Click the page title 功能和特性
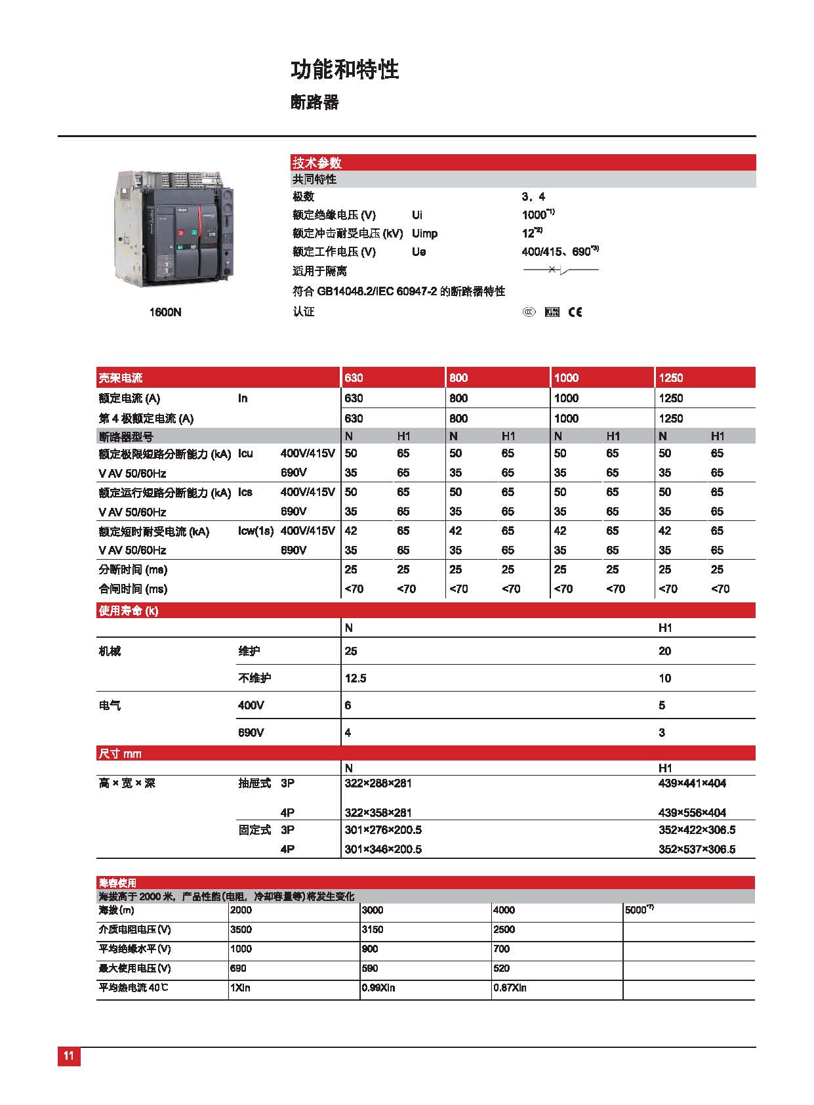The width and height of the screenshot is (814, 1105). click(344, 70)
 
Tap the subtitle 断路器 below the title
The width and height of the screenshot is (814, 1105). click(314, 102)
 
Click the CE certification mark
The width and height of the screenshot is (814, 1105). click(575, 312)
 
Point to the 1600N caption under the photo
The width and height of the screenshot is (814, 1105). click(165, 312)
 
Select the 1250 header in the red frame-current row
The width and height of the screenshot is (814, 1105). click(670, 378)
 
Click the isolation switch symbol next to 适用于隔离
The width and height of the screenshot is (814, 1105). click(560, 270)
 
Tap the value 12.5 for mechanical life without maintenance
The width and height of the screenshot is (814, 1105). click(356, 678)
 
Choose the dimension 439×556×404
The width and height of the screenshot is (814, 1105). click(692, 812)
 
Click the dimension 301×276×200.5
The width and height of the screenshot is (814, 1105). click(383, 830)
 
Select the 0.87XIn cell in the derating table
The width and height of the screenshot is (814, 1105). click(510, 988)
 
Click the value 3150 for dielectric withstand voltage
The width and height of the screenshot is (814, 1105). click(373, 930)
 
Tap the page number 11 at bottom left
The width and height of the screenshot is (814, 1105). click(69, 1056)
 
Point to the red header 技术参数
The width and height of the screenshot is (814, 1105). click(317, 163)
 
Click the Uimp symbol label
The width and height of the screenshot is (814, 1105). click(424, 234)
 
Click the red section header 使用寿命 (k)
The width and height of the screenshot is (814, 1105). click(129, 611)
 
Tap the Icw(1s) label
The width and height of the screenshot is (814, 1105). click(256, 532)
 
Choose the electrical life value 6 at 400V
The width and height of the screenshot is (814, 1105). click(348, 705)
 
